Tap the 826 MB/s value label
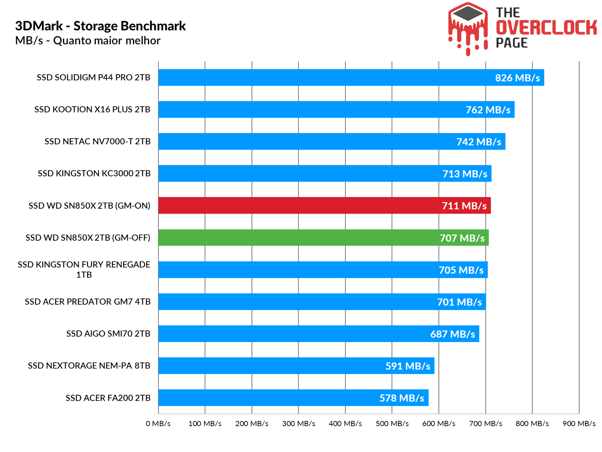[517, 78]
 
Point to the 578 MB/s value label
[401, 398]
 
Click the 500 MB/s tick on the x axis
[392, 424]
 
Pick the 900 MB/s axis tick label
[579, 424]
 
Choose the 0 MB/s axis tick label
[158, 424]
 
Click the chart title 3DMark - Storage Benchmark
[100, 26]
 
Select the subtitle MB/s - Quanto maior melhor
[88, 41]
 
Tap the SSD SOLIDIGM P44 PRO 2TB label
[93, 78]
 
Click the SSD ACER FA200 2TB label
[108, 398]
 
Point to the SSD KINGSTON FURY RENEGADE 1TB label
[84, 270]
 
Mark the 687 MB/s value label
[453, 334]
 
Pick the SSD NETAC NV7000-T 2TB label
[97, 142]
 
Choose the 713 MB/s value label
[465, 174]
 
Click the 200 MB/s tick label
[252, 424]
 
